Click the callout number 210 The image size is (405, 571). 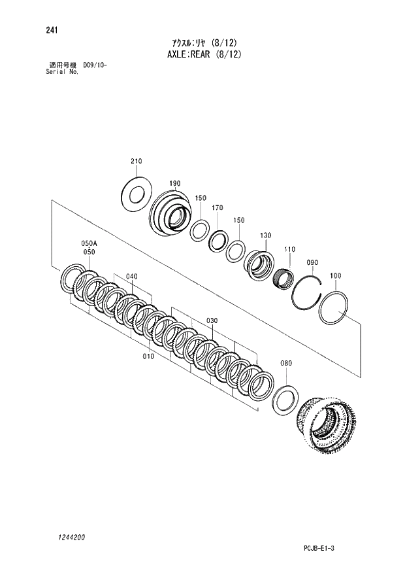[136, 162]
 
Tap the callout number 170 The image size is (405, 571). [218, 208]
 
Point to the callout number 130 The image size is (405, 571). [265, 235]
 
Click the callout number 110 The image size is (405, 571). [289, 250]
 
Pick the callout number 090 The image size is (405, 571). [312, 262]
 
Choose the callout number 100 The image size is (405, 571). [335, 276]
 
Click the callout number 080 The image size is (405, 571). [286, 363]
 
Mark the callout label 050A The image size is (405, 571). [89, 243]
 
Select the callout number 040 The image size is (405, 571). [132, 277]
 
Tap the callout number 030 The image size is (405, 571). [212, 320]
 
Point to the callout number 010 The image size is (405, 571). [148, 356]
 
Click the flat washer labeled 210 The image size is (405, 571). [137, 194]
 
